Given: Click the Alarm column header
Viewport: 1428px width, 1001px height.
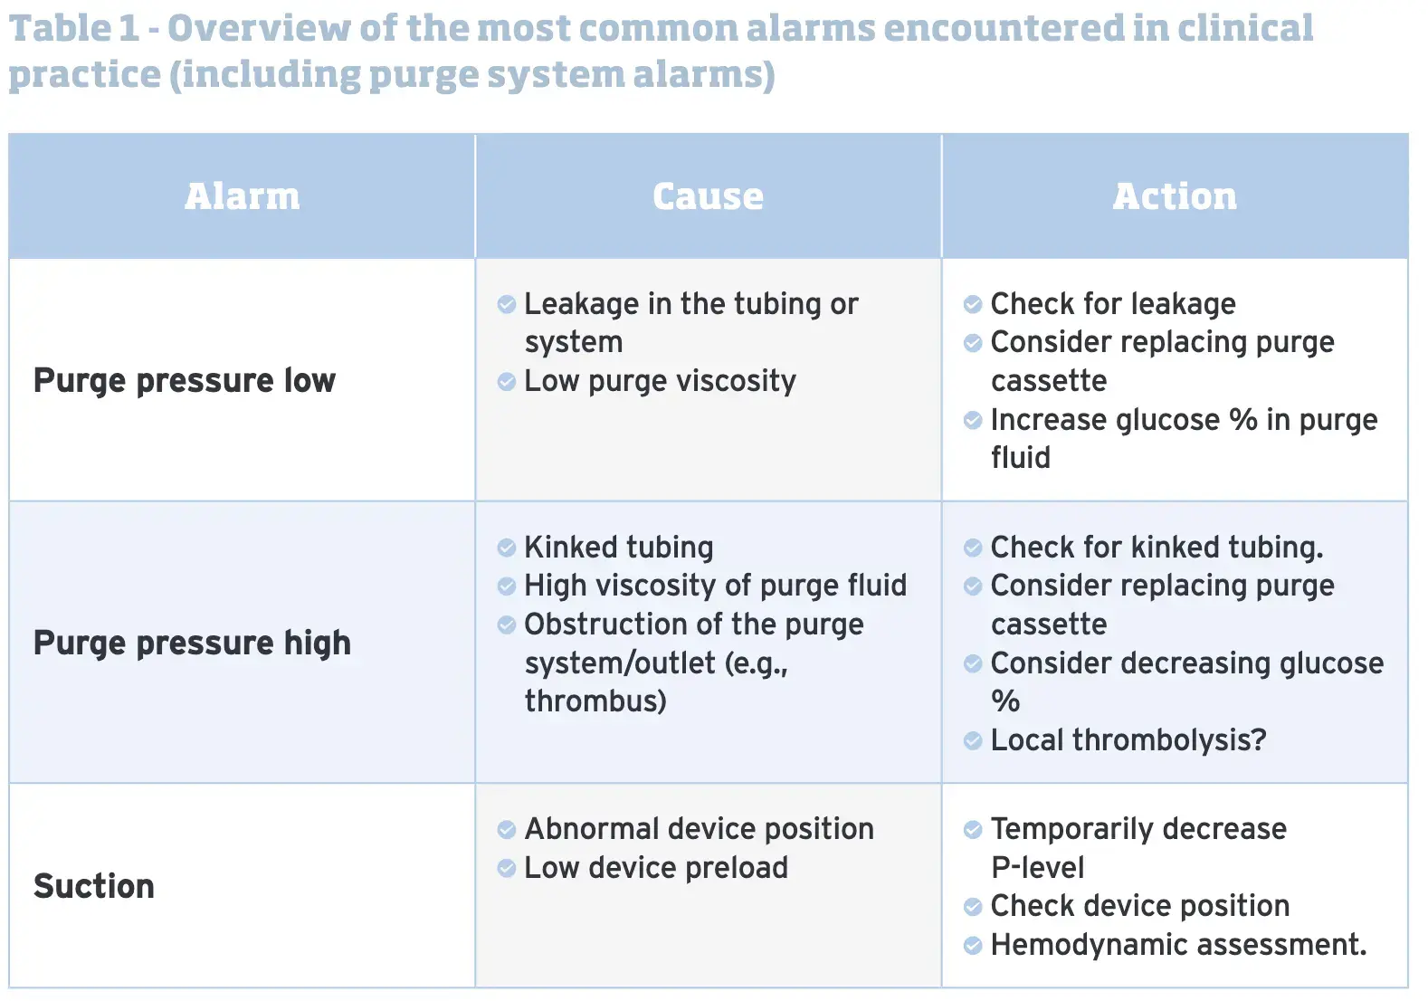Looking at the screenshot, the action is coord(242,195).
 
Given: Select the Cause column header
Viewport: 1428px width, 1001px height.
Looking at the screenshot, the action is coord(708,195).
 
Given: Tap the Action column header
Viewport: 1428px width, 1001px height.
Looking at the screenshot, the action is coord(1175,195).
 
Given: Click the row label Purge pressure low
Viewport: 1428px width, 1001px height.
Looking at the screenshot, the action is coord(185,381).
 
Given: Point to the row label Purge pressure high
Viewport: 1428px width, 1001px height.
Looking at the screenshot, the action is coord(192,643).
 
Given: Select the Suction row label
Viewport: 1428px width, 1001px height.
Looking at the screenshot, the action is coord(94,886).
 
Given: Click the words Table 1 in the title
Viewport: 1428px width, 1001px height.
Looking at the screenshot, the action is coord(74,28).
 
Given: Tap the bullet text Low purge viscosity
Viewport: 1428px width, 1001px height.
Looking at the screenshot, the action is coord(660,381).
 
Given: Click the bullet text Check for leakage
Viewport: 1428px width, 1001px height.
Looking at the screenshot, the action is coord(1113,303).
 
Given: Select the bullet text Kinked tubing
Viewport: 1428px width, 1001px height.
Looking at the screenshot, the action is coord(618,547).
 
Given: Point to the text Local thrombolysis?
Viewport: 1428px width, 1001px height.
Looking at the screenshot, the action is coord(1128,740).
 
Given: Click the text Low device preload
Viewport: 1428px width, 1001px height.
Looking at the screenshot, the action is coord(656,868).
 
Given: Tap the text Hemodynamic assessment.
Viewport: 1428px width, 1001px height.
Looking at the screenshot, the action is coord(1179,945).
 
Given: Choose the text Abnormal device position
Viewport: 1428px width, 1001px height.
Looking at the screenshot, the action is coord(699,829).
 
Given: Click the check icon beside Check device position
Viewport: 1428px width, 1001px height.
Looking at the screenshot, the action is coord(973,907).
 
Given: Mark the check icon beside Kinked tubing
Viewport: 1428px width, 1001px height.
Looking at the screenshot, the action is coord(506,548).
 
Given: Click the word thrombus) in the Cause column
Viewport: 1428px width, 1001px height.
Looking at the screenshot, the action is coord(595,701).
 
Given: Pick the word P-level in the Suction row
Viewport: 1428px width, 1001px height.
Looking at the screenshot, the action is coord(1037,868).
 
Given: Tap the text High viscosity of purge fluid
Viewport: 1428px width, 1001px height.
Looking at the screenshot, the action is coord(715,586).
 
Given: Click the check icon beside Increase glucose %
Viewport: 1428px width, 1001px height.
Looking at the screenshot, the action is coord(973,420).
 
